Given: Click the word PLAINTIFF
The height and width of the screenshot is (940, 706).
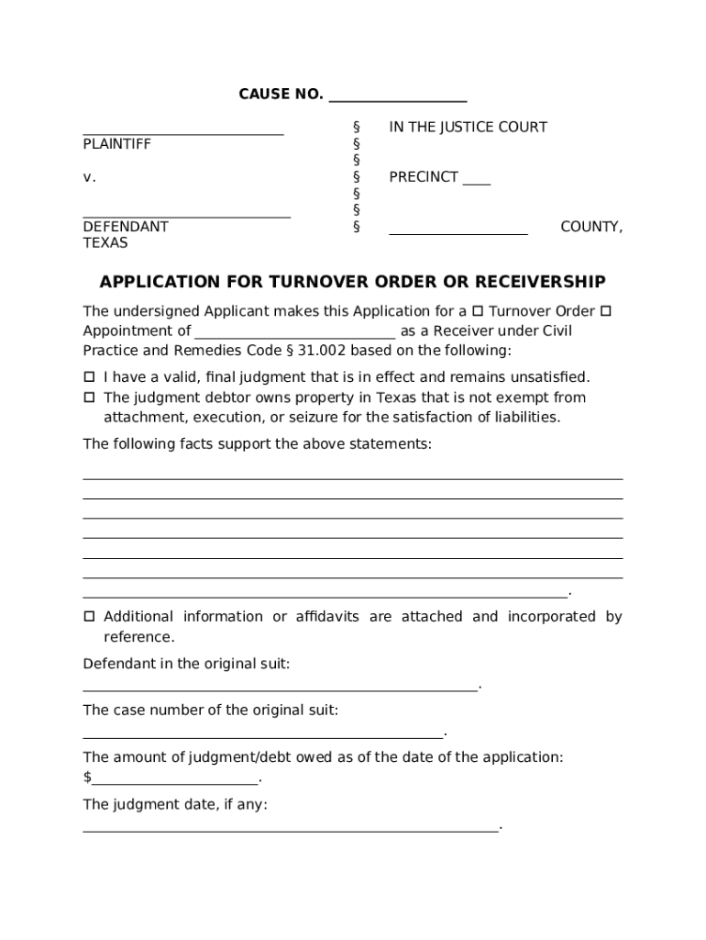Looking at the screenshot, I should pos(116,144).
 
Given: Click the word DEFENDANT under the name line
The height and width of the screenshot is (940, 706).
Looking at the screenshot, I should pos(126,227).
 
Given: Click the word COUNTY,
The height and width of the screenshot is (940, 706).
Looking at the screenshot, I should pos(591,227).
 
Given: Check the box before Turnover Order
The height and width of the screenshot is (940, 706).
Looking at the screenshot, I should pos(478,312).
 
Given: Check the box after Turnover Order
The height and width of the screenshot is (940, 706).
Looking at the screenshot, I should pos(605,312).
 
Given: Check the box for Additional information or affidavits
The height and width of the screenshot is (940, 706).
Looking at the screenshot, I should pos(90,617).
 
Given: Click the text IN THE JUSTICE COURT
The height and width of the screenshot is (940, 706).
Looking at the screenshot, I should pos(468,128).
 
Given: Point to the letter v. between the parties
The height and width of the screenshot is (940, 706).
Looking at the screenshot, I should pos(89,177).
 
